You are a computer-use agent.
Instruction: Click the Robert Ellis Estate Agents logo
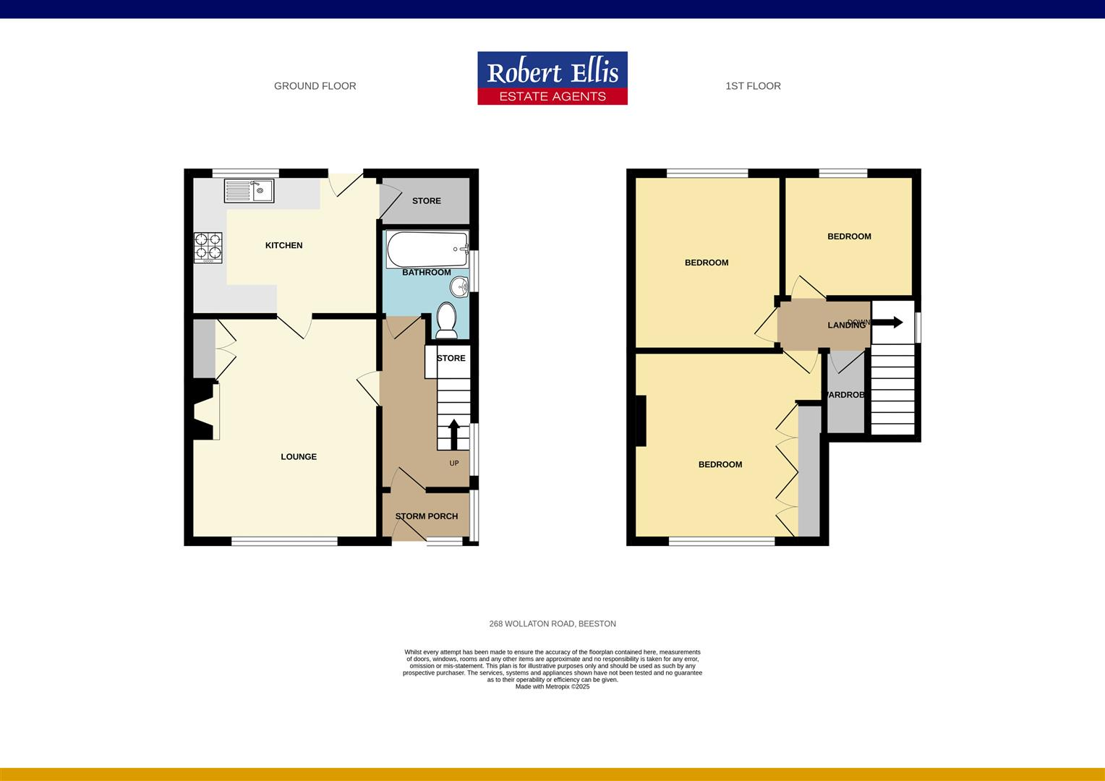point(552,78)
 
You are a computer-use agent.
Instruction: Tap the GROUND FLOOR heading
point(315,86)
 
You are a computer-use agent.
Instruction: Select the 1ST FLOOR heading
point(753,86)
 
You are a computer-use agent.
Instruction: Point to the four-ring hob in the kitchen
point(208,247)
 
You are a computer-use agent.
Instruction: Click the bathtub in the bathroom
point(427,249)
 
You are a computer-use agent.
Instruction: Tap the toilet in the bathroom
point(445,320)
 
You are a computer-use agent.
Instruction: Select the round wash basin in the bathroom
point(460,288)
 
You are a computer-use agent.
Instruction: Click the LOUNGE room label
point(299,457)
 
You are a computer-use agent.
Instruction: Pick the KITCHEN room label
point(283,246)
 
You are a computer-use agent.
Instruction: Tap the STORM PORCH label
point(426,516)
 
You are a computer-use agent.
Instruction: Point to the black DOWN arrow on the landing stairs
point(888,323)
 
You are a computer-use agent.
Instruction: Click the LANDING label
point(846,325)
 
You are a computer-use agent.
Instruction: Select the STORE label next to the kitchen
point(426,201)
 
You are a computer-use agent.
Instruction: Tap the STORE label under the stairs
point(451,359)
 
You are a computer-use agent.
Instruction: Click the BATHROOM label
point(426,273)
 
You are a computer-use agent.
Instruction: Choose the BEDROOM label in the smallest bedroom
point(849,236)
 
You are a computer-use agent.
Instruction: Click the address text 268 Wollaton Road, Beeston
point(552,623)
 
